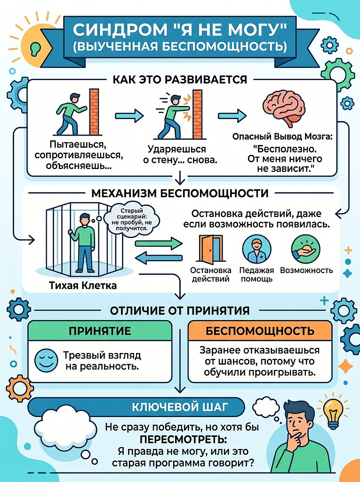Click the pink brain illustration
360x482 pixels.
click(284, 109)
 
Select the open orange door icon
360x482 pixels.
click(211, 249)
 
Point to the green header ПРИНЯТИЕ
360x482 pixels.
click(100, 331)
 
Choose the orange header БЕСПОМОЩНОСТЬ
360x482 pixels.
click(260, 331)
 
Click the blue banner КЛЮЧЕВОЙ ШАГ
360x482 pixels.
click(180, 407)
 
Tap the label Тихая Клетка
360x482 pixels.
click(83, 286)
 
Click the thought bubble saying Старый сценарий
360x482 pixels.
click(132, 219)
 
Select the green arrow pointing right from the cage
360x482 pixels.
click(159, 244)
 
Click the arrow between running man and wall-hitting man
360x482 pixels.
click(129, 116)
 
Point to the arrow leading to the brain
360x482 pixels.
click(232, 116)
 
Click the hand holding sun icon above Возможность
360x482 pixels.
click(306, 249)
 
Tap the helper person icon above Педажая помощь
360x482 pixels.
click(256, 249)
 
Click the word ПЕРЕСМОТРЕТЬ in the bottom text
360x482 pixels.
click(184, 439)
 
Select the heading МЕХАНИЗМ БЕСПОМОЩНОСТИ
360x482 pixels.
click(180, 193)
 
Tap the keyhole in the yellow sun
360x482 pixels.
click(35, 48)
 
